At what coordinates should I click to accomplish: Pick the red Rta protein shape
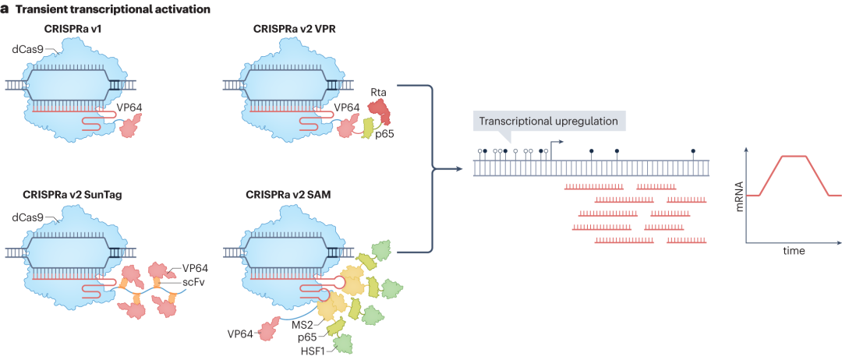click(x=382, y=114)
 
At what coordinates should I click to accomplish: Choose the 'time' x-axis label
click(x=794, y=251)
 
